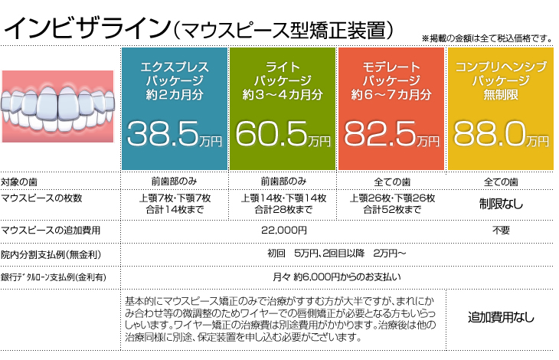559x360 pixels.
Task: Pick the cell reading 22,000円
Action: [x=283, y=230]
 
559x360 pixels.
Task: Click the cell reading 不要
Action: [x=501, y=230]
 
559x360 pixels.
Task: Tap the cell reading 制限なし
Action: [x=501, y=204]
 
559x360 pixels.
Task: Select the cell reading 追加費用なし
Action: [x=501, y=316]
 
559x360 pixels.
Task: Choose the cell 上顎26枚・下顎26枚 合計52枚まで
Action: [x=392, y=204]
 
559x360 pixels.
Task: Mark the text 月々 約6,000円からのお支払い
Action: [x=338, y=276]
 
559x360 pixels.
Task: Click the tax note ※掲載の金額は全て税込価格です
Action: [x=487, y=38]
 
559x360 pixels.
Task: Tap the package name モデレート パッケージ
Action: [x=392, y=74]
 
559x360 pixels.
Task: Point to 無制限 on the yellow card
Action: [x=501, y=95]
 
